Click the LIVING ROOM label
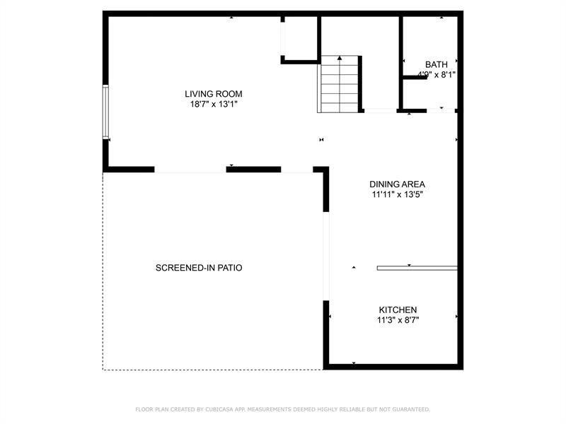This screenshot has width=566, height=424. [x=214, y=94]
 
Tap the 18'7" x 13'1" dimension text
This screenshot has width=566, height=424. [x=214, y=105]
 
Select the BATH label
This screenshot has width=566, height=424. [x=436, y=64]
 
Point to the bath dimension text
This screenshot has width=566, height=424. [x=436, y=74]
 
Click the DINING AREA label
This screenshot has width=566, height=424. [x=397, y=184]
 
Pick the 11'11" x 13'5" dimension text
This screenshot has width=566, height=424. [x=397, y=194]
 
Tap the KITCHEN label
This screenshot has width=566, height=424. [x=398, y=310]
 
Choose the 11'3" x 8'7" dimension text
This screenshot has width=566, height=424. [x=398, y=320]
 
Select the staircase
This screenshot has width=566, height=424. [x=340, y=85]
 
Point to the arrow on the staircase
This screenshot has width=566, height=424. [x=340, y=59]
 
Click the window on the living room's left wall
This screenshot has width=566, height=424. [x=105, y=112]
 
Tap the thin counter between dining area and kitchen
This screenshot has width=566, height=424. [x=417, y=268]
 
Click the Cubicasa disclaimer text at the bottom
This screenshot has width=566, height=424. [x=282, y=409]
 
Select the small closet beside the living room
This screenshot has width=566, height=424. [x=301, y=39]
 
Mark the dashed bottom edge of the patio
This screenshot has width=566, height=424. [x=212, y=369]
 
